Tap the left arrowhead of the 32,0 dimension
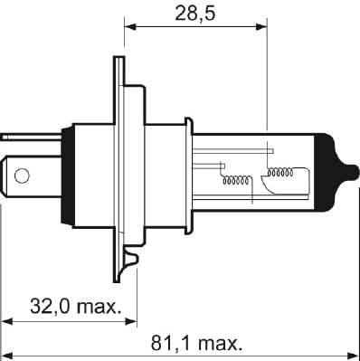(7, 320)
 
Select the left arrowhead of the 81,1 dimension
(7, 356)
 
